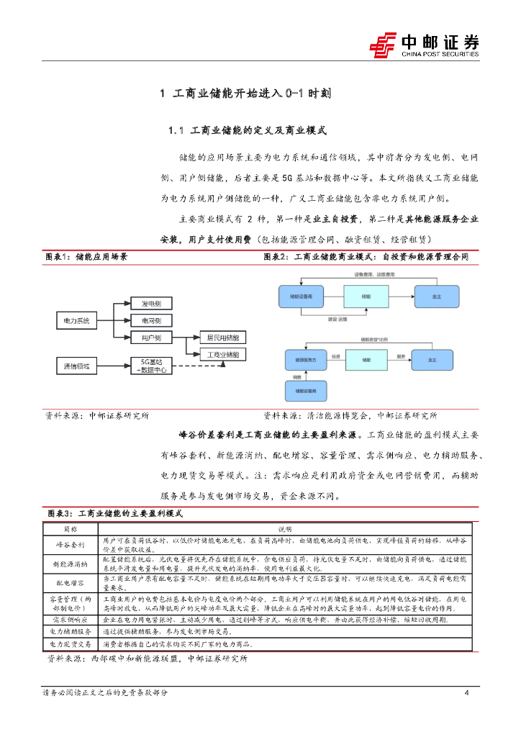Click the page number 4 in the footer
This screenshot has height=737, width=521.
tap(467, 692)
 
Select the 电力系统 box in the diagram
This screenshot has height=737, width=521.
tap(77, 321)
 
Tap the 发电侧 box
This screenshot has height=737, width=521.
tap(151, 304)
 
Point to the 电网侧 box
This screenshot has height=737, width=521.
tap(151, 321)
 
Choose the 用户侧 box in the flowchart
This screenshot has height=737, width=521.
tap(151, 338)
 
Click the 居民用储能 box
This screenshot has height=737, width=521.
tap(222, 338)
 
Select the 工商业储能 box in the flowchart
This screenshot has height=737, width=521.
tap(222, 354)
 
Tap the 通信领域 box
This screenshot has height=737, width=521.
tap(77, 366)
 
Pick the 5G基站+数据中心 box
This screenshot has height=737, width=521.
tap(151, 366)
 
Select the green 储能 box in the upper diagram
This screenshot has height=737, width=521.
tap(366, 296)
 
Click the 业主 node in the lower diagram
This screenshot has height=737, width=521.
tap(432, 358)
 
